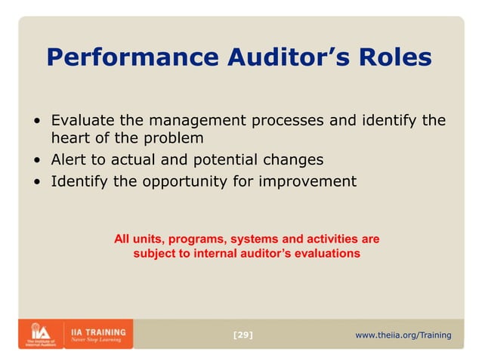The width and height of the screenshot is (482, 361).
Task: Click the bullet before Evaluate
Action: click(37, 122)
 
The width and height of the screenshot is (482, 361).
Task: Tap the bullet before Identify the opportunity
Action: click(37, 182)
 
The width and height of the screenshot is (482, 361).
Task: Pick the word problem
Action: click(175, 139)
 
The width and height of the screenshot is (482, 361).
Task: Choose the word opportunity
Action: click(180, 181)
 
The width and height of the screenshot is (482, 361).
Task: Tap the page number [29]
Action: click(243, 335)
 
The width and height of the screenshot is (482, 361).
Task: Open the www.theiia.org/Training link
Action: click(403, 335)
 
